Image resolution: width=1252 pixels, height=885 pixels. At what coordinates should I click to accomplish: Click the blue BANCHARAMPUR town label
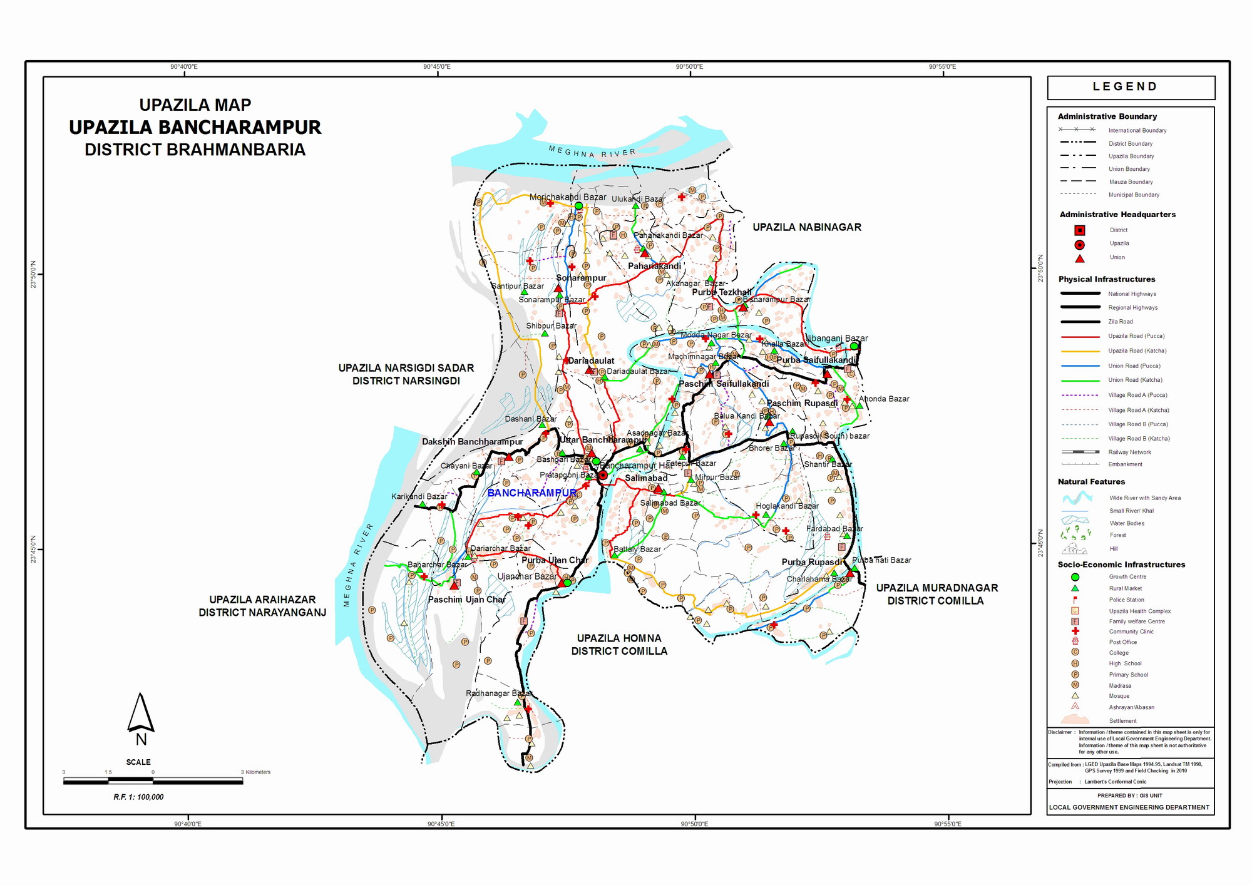[532, 493]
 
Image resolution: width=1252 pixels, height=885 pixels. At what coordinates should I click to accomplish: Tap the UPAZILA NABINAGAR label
[806, 227]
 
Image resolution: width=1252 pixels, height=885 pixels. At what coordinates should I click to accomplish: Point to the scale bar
[153, 780]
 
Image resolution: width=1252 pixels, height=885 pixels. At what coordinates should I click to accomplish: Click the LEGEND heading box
[1131, 87]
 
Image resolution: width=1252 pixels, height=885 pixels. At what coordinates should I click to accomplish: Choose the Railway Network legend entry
[1129, 452]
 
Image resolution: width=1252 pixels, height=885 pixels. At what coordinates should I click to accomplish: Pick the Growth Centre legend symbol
[1075, 577]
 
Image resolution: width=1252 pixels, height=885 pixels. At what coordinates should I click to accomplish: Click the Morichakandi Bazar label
[567, 197]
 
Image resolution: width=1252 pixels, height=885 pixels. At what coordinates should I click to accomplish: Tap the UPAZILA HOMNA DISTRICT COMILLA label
[618, 645]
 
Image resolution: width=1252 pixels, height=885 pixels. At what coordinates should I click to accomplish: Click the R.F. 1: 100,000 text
[138, 797]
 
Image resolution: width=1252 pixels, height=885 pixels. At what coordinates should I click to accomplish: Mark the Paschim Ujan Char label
[466, 600]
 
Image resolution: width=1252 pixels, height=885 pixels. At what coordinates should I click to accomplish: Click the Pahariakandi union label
[654, 266]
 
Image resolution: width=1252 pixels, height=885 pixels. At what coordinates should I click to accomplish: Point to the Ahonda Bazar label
[884, 399]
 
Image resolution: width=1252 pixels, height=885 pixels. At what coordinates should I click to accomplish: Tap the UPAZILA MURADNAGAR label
[936, 588]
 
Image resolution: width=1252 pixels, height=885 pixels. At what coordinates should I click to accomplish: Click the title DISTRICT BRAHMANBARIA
[195, 150]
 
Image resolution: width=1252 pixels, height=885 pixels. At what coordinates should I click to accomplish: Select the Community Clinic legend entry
[1131, 632]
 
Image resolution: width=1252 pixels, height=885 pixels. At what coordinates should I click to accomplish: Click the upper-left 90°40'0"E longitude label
[184, 67]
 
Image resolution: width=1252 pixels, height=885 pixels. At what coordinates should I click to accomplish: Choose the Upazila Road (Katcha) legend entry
[1137, 350]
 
